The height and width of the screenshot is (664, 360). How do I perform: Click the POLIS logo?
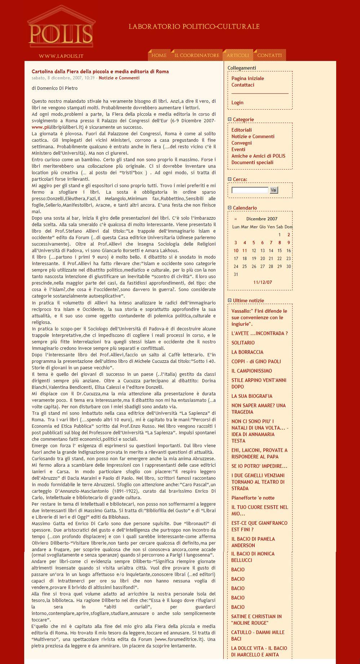click(60, 32)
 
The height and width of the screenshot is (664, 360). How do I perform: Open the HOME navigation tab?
click(159, 56)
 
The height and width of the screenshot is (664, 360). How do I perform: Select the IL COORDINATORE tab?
click(197, 56)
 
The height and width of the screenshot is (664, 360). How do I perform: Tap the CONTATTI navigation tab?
click(269, 56)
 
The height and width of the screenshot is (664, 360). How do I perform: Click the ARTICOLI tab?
click(238, 56)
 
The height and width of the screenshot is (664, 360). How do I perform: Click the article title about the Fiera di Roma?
click(100, 71)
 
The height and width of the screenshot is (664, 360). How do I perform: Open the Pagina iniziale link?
click(247, 78)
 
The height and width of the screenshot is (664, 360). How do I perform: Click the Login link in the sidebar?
click(237, 102)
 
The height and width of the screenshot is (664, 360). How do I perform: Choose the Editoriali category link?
click(241, 130)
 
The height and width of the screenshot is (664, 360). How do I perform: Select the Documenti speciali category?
click(252, 162)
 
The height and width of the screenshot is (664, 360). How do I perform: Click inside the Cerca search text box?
click(250, 190)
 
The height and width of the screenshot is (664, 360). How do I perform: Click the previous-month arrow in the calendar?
click(236, 219)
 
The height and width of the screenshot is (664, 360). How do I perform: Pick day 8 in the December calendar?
click(280, 243)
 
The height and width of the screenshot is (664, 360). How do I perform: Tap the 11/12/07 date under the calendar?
click(263, 282)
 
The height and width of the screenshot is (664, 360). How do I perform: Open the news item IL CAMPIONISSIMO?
click(251, 371)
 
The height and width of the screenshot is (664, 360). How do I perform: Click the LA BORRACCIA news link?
click(247, 352)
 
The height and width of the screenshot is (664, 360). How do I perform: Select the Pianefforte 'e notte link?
click(253, 498)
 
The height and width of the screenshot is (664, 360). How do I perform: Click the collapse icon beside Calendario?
click(229, 208)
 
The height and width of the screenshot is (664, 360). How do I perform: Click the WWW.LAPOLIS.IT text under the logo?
click(61, 56)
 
